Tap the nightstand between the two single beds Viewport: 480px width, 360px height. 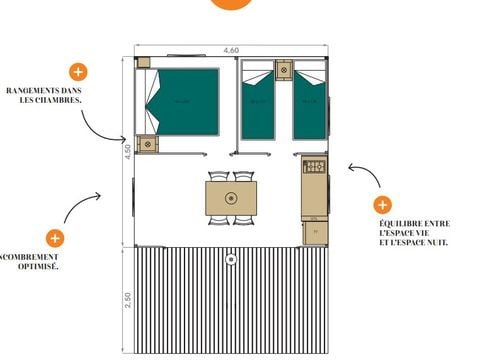(x=283, y=70)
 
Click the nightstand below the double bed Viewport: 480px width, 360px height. (x=148, y=144)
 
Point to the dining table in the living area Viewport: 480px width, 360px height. (x=231, y=197)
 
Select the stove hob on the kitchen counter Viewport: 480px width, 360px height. (x=315, y=167)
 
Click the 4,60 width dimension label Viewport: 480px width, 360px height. (x=231, y=49)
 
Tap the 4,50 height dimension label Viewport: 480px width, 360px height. (x=127, y=152)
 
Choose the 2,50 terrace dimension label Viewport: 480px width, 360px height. (x=127, y=299)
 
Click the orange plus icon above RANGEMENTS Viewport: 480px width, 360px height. (x=77, y=72)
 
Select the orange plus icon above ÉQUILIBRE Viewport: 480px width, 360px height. (x=382, y=205)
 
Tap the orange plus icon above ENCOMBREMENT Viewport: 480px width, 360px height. (x=55, y=238)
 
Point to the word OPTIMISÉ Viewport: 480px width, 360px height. (x=40, y=268)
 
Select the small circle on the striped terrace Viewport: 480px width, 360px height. (x=231, y=259)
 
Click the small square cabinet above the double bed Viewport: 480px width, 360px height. (x=143, y=62)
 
